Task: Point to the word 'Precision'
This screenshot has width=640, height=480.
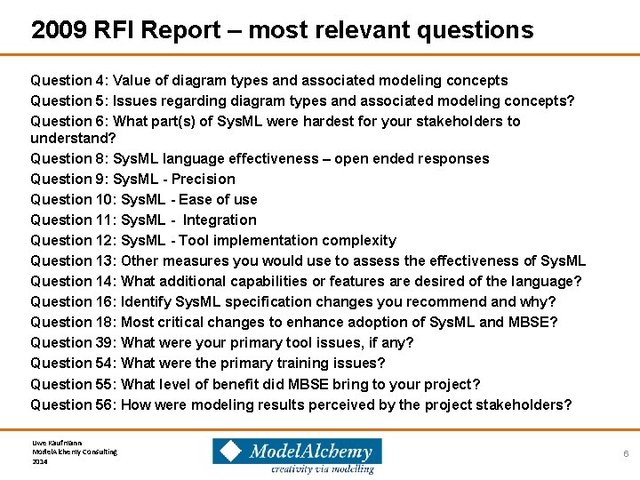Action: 203,179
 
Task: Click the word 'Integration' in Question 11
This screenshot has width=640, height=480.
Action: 220,220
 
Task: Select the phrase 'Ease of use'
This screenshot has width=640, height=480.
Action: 218,199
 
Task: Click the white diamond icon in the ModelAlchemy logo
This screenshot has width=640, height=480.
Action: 229,451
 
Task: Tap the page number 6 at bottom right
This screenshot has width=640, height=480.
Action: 626,453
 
